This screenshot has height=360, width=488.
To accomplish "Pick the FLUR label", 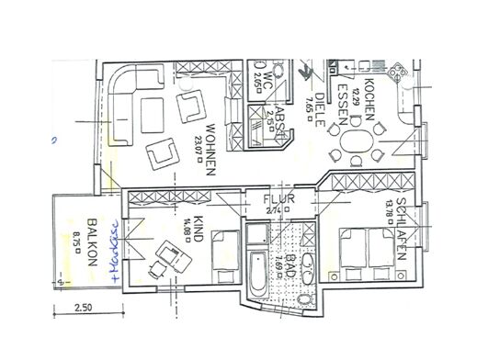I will (x=278, y=196).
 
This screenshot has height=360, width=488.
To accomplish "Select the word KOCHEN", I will (x=367, y=98).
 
